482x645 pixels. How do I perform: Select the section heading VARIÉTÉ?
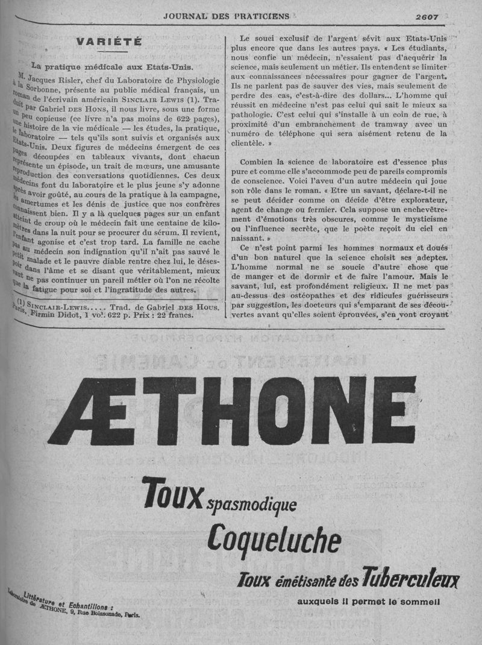(x=109, y=42)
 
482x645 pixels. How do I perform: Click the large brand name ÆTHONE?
(x=233, y=410)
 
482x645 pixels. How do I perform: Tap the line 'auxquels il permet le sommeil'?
(x=368, y=601)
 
